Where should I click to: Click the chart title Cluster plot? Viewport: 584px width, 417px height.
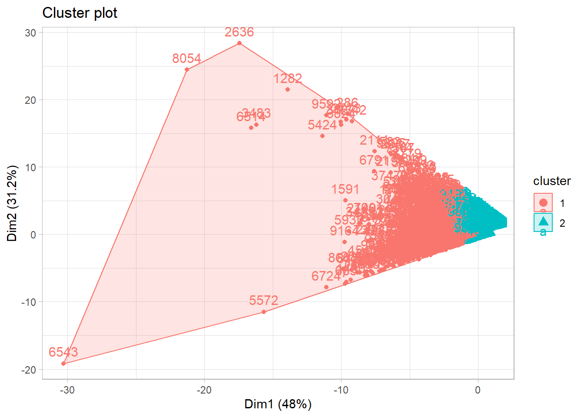(80, 13)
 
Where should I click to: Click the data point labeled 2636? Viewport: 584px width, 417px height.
(239, 43)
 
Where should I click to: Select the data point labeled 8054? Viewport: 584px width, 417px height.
(187, 69)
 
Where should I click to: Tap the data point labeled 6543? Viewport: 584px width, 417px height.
(63, 364)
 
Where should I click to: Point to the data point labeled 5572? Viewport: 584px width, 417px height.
(264, 312)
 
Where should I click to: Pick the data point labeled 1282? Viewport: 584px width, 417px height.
(288, 89)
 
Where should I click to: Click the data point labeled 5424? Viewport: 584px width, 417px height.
(322, 136)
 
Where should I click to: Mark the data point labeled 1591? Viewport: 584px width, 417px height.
(345, 200)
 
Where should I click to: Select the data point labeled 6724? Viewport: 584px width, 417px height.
(326, 287)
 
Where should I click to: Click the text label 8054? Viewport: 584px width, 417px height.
(186, 59)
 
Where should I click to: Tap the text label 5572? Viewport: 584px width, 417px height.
(263, 301)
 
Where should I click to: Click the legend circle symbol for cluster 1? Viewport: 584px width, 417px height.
(543, 202)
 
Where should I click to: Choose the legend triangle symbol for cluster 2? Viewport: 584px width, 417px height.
(543, 222)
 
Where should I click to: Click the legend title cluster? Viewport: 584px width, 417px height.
(552, 181)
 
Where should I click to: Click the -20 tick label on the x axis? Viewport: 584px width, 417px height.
(204, 390)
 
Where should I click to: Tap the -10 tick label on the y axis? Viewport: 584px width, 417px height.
(29, 302)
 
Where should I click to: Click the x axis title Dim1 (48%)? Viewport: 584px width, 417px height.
(278, 404)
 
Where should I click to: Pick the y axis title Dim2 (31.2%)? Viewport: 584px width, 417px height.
(12, 203)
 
